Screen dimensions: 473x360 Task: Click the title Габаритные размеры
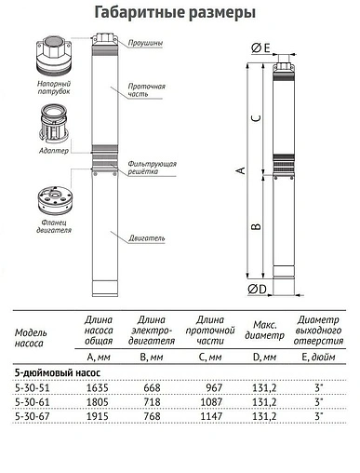(180, 12)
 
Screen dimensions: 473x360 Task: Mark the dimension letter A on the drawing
(240, 171)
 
